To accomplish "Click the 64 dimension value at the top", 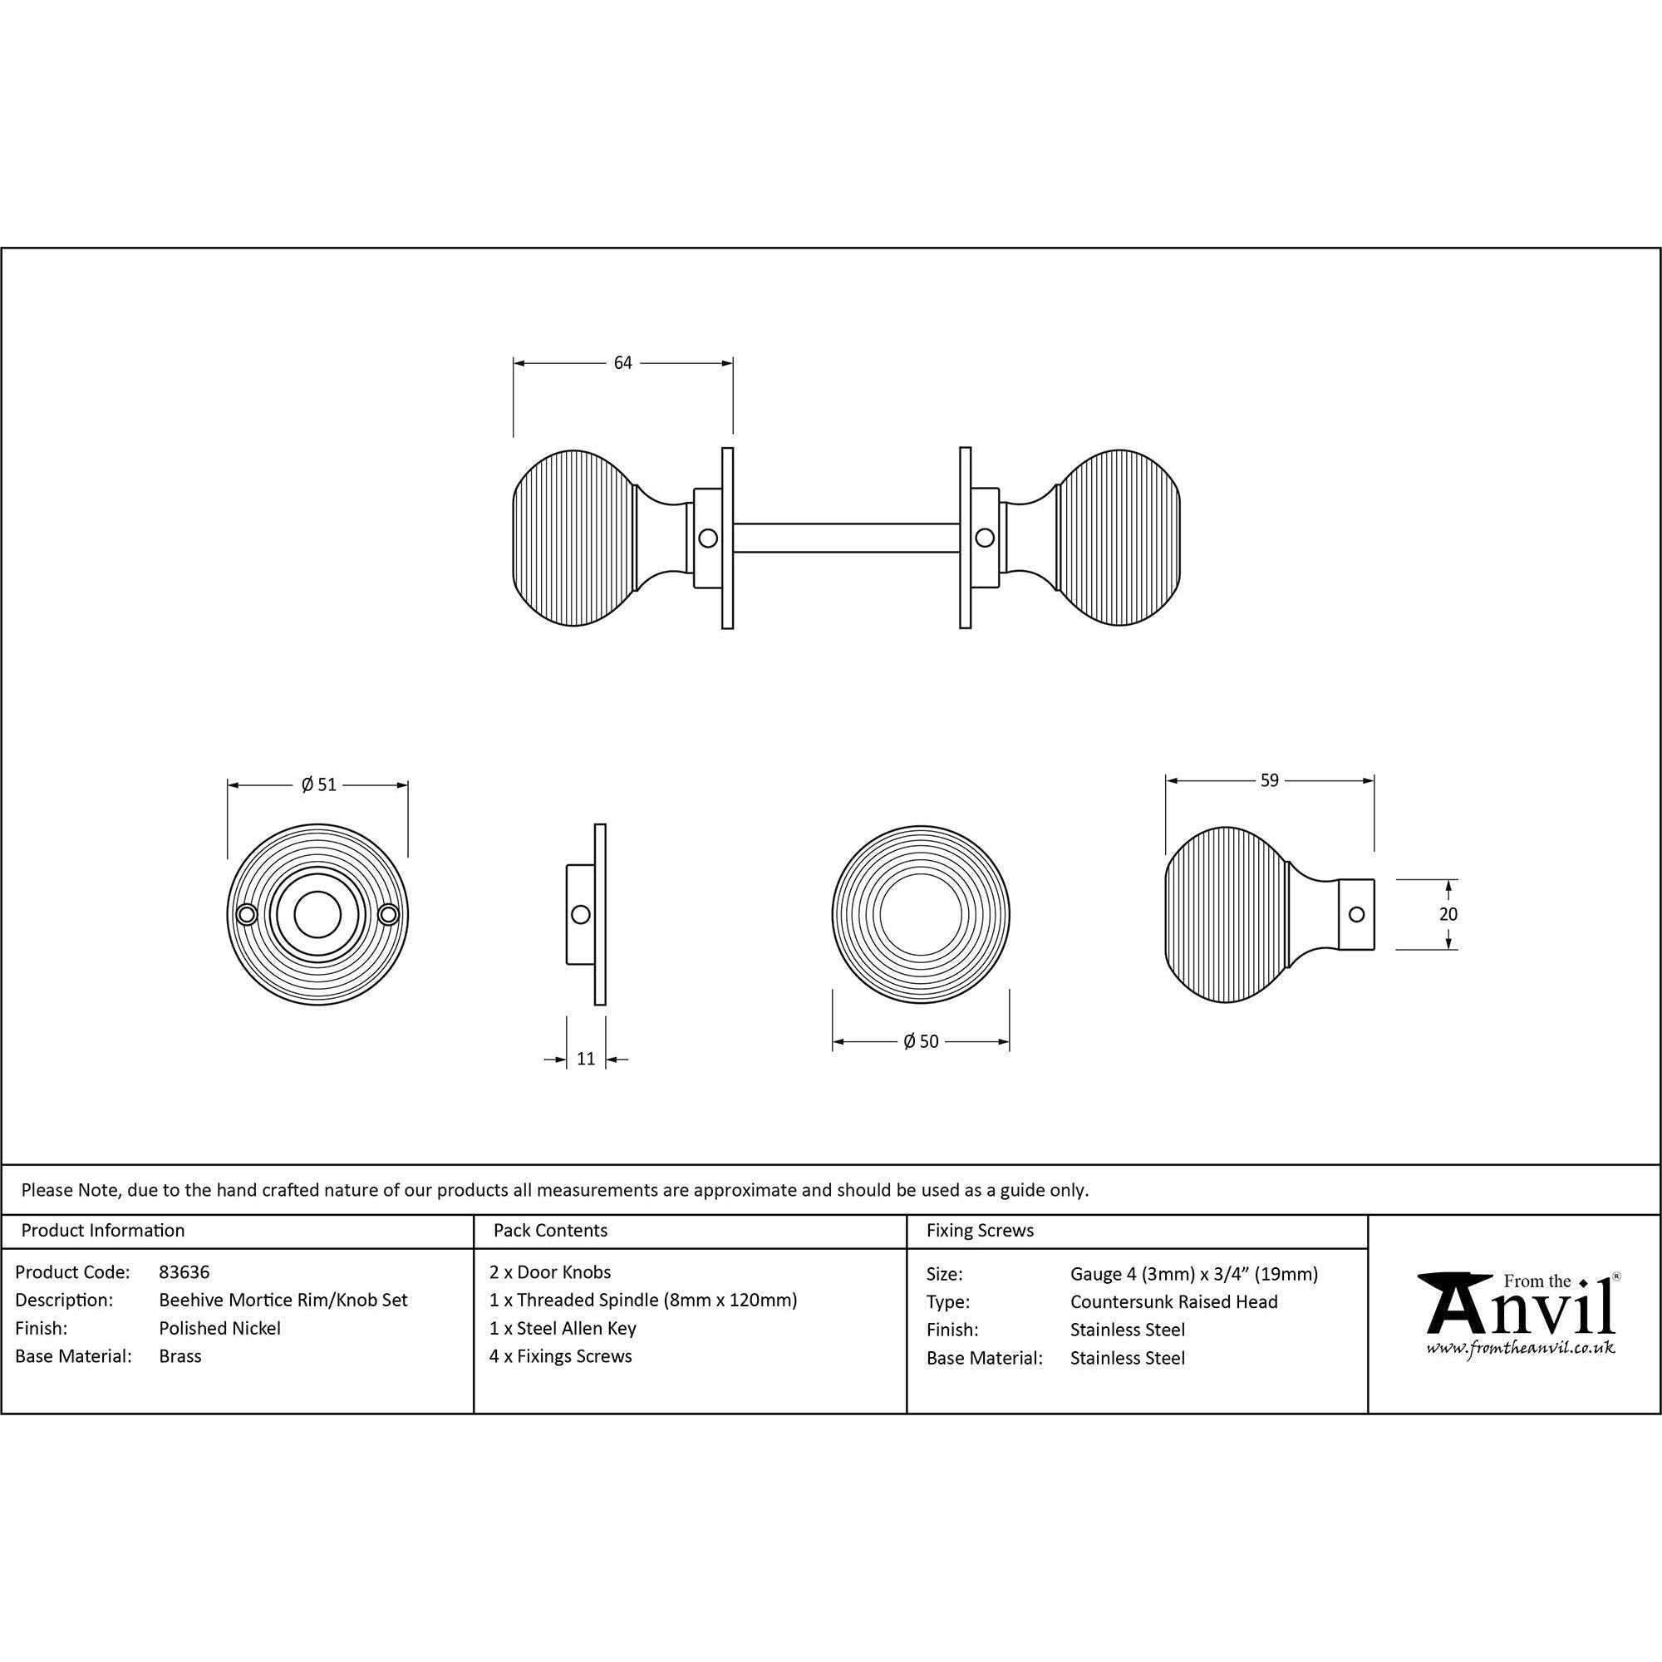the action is coord(622,363).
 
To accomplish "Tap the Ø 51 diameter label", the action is coord(318,784).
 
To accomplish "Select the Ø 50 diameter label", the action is coord(922,1042).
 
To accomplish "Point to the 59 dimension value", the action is coord(1270,780).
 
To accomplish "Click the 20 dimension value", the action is coord(1448,914).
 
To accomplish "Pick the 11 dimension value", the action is coord(586,1059).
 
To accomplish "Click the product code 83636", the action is coord(184,1272).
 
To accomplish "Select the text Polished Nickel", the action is coord(219,1328).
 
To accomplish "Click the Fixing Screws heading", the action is coord(980,1231).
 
